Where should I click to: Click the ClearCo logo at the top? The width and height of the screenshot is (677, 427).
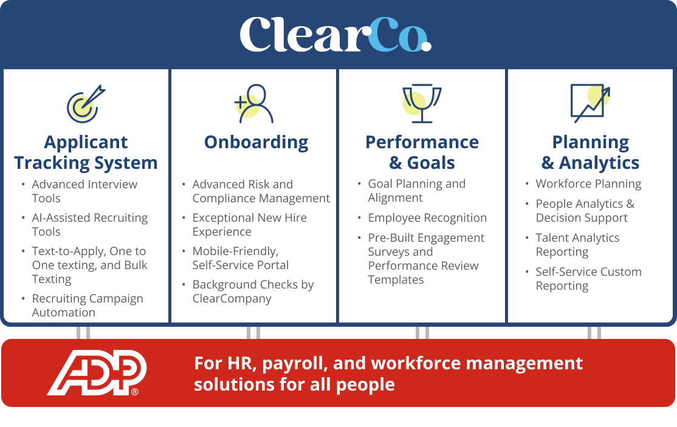coord(335,34)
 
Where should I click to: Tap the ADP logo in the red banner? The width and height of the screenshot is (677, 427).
coord(97,372)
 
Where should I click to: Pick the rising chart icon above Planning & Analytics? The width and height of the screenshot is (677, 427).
coord(590,103)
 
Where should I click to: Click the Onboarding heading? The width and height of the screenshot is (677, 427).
coord(256,142)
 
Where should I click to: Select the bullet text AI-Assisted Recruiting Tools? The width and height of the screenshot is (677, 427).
coord(90,225)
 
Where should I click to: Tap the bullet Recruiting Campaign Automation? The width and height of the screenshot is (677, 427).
coord(88,306)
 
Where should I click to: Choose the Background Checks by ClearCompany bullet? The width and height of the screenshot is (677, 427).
coord(253,292)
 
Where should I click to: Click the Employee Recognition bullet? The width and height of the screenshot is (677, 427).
coord(427,218)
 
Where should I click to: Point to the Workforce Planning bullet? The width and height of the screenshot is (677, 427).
coord(588,184)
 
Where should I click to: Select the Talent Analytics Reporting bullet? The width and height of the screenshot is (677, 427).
coord(577,245)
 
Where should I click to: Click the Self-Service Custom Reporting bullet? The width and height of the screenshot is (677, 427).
coord(588,279)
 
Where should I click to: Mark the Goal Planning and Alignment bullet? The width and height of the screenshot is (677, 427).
coord(416,191)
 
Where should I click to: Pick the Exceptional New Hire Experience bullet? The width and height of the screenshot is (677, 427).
coord(249,225)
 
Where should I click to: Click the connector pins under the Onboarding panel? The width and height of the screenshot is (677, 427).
coord(253,333)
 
